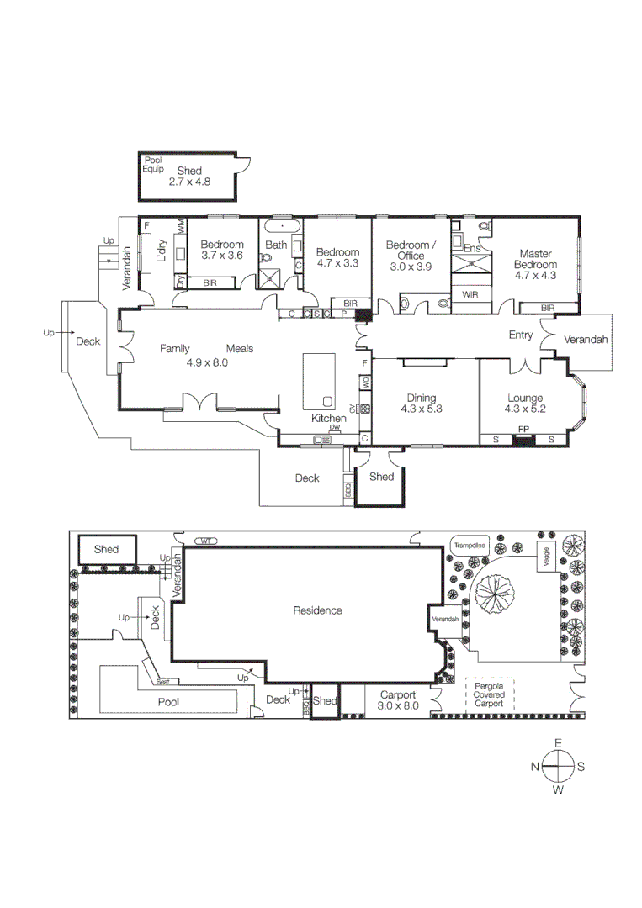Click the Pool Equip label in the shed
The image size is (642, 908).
click(153, 164)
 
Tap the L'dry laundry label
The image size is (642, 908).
click(162, 251)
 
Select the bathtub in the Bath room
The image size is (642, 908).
click(277, 227)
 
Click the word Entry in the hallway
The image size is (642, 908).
click(521, 335)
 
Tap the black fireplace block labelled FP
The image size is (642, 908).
click(523, 440)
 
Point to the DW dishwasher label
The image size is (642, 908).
click(335, 428)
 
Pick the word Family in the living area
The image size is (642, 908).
click(176, 349)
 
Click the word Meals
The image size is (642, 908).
click(239, 349)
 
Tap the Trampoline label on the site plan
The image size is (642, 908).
click(469, 546)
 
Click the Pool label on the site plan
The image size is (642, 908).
click(169, 701)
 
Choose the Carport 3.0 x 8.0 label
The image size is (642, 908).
click(398, 700)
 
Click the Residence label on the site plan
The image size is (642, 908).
click(317, 610)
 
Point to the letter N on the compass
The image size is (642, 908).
click(535, 767)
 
